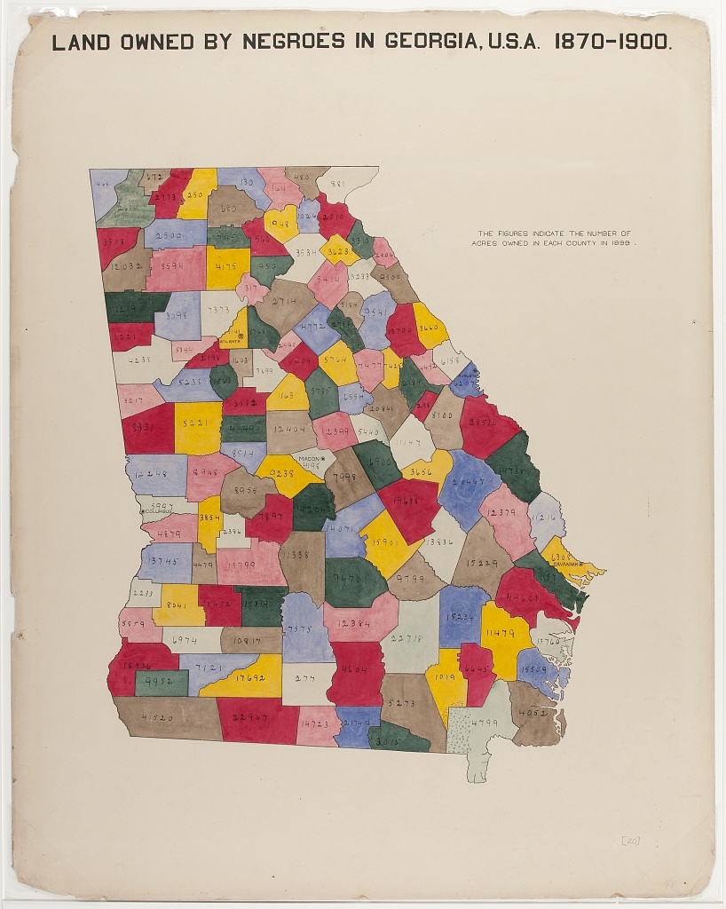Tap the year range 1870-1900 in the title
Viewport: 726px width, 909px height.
pyautogui.click(x=613, y=41)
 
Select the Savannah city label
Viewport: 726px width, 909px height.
pyautogui.click(x=567, y=563)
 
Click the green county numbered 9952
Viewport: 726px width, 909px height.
pyautogui.click(x=161, y=683)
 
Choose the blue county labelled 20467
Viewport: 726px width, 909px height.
pyautogui.click(x=468, y=483)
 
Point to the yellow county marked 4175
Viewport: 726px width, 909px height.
pyautogui.click(x=226, y=265)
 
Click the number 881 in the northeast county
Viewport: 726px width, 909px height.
pyautogui.click(x=338, y=185)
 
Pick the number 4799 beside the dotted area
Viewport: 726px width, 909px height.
pyautogui.click(x=485, y=723)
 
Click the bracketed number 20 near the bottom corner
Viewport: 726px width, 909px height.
pyautogui.click(x=630, y=840)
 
